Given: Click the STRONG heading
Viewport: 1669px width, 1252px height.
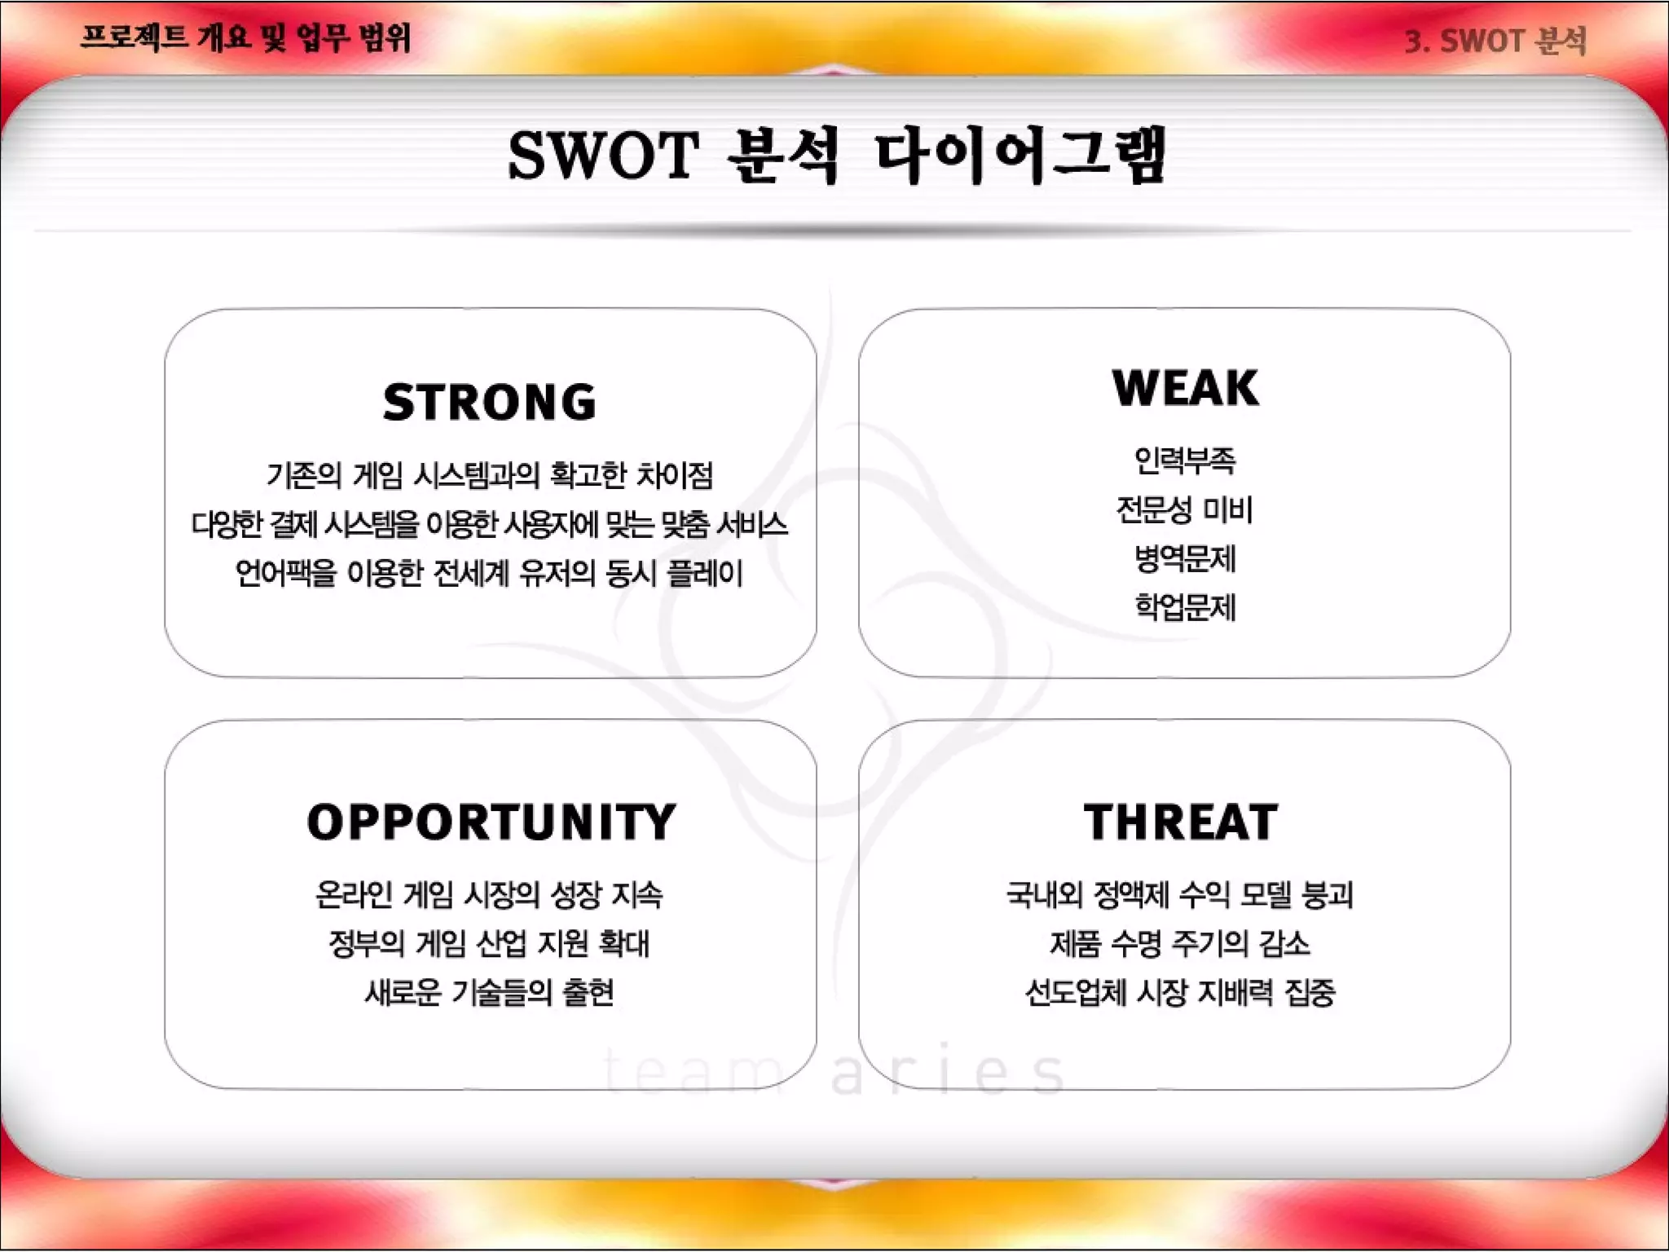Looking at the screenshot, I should tap(490, 403).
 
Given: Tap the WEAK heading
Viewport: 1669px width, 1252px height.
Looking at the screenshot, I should tap(1185, 388).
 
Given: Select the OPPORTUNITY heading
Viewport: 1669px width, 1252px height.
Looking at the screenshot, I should tap(491, 822).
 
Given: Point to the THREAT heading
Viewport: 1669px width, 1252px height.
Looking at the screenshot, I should tap(1181, 822).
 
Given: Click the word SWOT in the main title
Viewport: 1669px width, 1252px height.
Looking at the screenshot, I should tap(603, 155).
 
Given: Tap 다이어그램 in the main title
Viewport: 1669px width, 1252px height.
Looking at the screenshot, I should tap(1020, 155).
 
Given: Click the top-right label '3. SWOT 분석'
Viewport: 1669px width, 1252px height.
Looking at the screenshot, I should tap(1496, 41).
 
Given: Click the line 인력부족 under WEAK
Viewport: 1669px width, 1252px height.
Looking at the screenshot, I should tap(1185, 461).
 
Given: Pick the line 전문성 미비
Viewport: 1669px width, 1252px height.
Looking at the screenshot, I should tap(1185, 510).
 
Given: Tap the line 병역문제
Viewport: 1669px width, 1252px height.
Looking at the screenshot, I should tap(1185, 559).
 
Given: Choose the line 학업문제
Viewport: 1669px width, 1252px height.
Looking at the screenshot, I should tap(1185, 608).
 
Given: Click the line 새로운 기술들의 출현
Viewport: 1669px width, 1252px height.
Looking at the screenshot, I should tap(490, 993).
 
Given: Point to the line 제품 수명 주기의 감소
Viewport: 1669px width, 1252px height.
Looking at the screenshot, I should tap(1180, 944).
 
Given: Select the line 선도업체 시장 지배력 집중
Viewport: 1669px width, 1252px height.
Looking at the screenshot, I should tap(1180, 993).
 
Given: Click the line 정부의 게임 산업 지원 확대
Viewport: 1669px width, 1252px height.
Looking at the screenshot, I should tap(490, 944).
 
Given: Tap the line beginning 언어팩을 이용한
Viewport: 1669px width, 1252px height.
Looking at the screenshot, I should tap(490, 574).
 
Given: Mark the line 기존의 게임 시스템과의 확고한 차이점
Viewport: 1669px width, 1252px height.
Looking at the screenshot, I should tap(490, 475).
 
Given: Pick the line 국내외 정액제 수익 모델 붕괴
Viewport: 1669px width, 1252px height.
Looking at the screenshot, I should tap(1180, 895).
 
